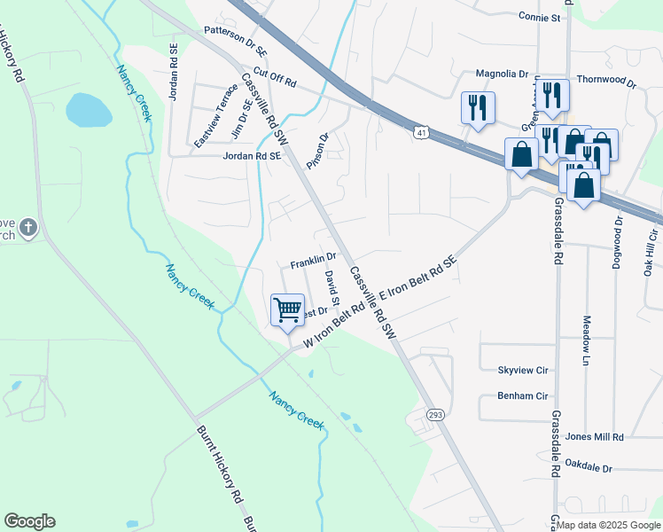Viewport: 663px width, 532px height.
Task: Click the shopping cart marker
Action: click(x=287, y=310)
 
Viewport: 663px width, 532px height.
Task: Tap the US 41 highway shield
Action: click(x=421, y=133)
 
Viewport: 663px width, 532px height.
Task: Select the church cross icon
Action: click(x=28, y=229)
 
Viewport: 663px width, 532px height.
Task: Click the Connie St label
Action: click(x=541, y=17)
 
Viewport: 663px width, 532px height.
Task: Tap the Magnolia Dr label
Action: click(x=502, y=74)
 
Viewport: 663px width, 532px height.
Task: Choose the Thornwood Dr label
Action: click(x=607, y=81)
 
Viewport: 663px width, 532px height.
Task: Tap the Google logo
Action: click(x=29, y=521)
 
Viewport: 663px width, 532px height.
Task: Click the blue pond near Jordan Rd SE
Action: click(x=89, y=110)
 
